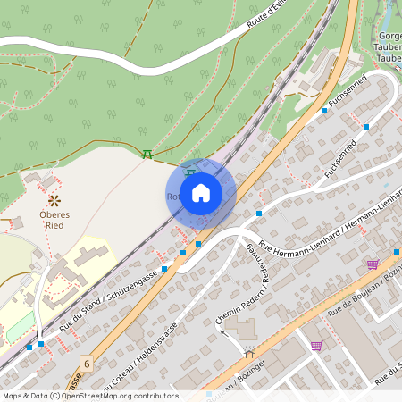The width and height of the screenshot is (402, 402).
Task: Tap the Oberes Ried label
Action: [54, 220]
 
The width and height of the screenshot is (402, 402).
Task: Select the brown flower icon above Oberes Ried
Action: [54, 200]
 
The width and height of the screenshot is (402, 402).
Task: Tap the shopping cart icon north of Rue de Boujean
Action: [373, 264]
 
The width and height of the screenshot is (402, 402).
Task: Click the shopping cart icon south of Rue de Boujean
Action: [315, 345]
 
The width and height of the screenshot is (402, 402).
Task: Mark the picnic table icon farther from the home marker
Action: [147, 155]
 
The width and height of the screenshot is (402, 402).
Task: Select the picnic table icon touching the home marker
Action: [189, 170]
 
